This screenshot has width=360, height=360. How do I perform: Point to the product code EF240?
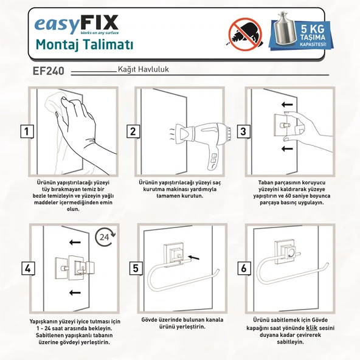49,71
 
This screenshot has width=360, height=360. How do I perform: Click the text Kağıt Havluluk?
142,69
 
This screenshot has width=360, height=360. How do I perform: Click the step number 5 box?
134,268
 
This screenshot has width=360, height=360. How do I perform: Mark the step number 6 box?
243,268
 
